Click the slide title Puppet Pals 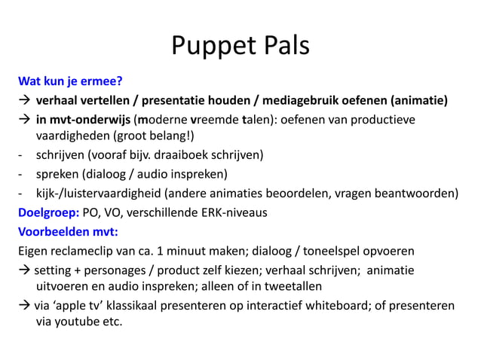pyautogui.click(x=240, y=46)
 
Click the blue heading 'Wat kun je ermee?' pyautogui.click(x=66, y=81)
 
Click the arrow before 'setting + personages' pyautogui.click(x=24, y=270)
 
